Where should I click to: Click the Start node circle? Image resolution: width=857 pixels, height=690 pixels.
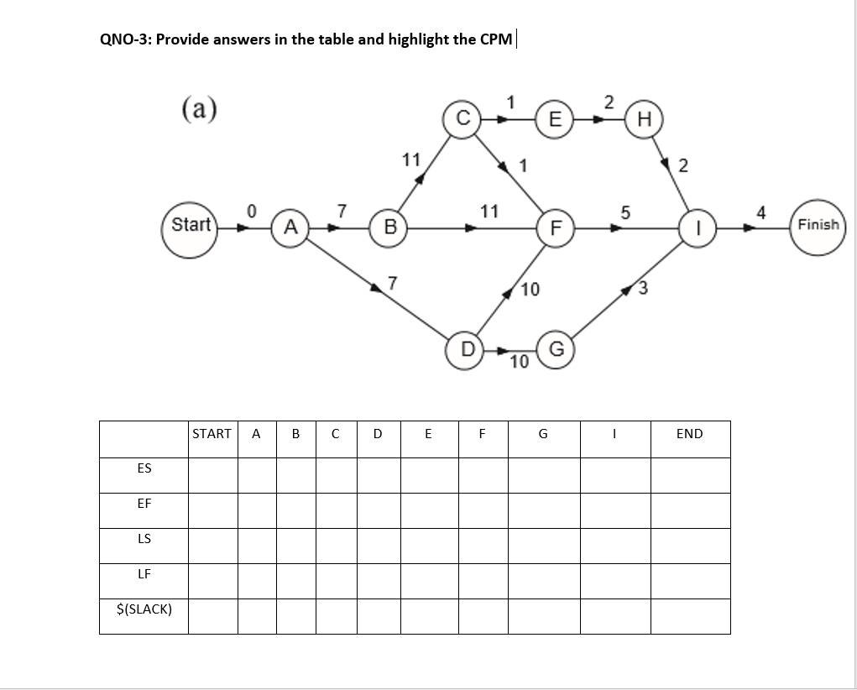(191, 225)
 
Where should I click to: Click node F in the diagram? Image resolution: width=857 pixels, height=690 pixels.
(554, 227)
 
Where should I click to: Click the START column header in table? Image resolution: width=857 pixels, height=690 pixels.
(212, 434)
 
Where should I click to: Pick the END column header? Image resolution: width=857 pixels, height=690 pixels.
(689, 434)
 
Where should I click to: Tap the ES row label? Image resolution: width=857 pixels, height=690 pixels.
(144, 468)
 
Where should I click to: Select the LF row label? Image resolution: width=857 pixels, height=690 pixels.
(144, 574)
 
